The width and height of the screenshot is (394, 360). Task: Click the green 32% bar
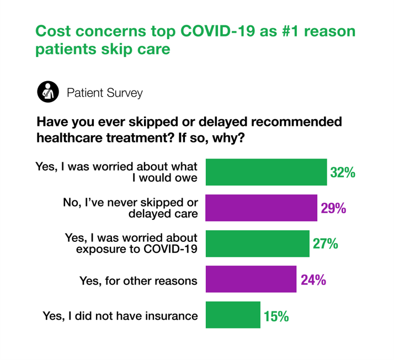[x=266, y=172]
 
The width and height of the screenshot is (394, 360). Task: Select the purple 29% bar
[x=261, y=208]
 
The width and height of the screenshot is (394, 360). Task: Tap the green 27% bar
[x=257, y=243]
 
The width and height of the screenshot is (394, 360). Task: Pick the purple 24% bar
[x=251, y=279]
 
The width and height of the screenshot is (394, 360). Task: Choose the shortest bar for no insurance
[x=233, y=315]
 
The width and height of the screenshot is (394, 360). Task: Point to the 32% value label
[x=342, y=172]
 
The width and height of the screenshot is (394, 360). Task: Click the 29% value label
[x=333, y=208]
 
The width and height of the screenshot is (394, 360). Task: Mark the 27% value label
[x=325, y=244]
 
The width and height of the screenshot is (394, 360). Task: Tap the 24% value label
[x=313, y=280]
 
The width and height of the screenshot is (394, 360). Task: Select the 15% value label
[x=276, y=316]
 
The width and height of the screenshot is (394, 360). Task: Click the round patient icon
[x=47, y=92]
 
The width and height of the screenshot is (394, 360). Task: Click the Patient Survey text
[x=104, y=92]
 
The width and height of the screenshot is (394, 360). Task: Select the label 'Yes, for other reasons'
[x=139, y=280]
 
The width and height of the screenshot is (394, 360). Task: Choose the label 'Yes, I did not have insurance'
[x=120, y=316]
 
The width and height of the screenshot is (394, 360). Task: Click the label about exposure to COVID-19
[x=131, y=243]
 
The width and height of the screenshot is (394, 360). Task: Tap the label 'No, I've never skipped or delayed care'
[x=130, y=208]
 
